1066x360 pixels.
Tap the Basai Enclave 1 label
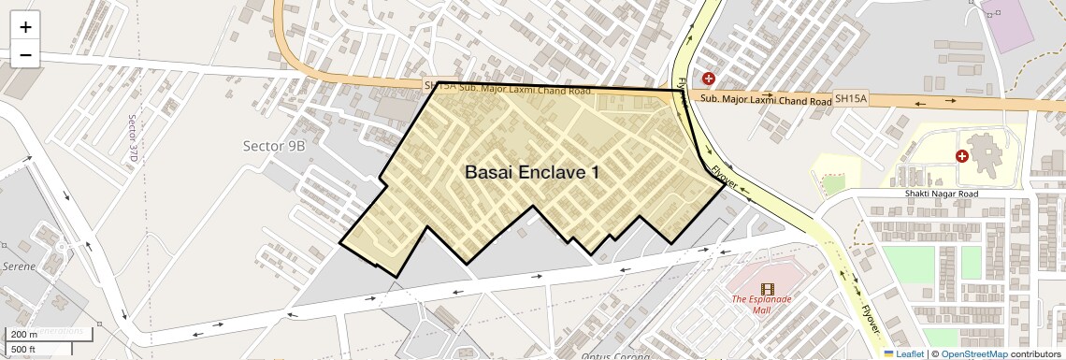click(532, 173)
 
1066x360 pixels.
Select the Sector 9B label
click(274, 146)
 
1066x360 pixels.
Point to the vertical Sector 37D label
click(133, 137)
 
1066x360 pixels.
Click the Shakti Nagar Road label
click(941, 194)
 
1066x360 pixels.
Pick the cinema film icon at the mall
click(768, 289)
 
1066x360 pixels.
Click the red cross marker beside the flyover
click(709, 79)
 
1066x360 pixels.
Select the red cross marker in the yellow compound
click(961, 156)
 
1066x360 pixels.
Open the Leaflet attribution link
click(903, 354)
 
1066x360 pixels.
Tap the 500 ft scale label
click(22, 350)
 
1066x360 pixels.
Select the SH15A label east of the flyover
click(851, 97)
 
